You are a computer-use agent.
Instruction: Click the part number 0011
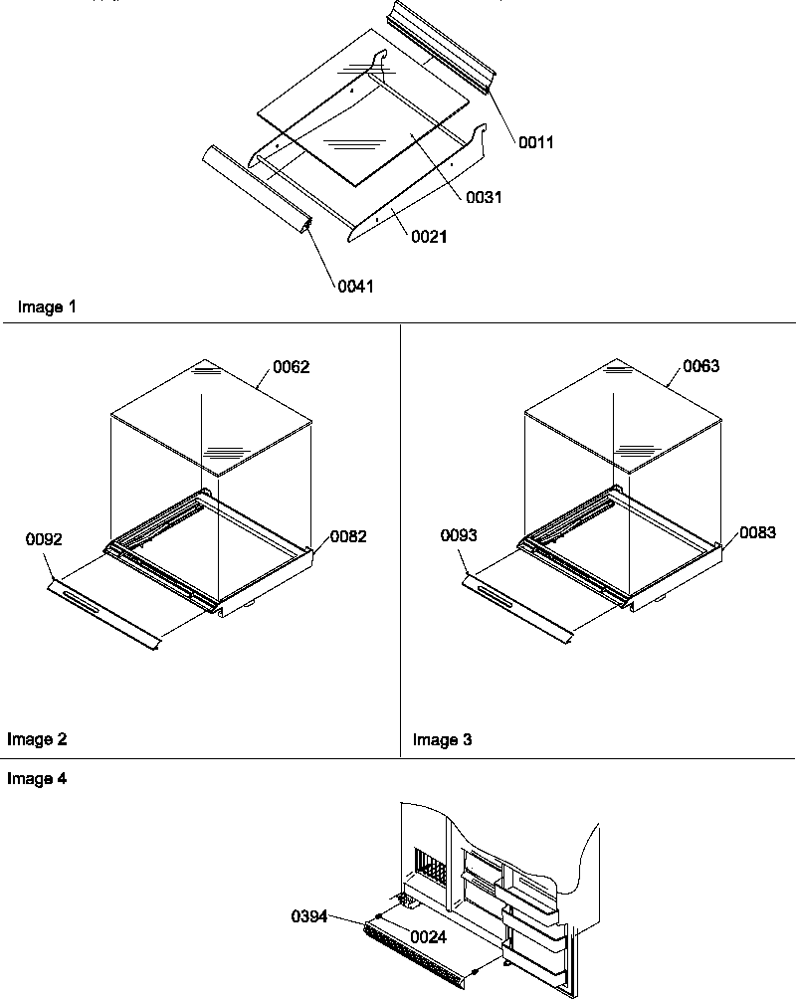(x=536, y=142)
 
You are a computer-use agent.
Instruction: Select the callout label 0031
(x=484, y=197)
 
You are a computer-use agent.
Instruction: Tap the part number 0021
(x=428, y=236)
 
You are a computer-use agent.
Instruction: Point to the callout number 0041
(x=356, y=286)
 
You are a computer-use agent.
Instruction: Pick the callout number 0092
(x=45, y=540)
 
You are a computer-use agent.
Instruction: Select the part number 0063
(x=700, y=366)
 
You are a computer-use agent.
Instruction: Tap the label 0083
(x=757, y=534)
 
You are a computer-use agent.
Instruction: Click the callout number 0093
(x=459, y=536)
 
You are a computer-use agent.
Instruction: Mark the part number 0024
(x=426, y=936)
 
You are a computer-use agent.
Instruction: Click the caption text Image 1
(x=47, y=307)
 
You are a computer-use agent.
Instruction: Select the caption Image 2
(x=37, y=739)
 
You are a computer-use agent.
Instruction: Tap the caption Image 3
(x=443, y=739)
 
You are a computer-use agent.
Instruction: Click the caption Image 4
(x=37, y=779)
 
